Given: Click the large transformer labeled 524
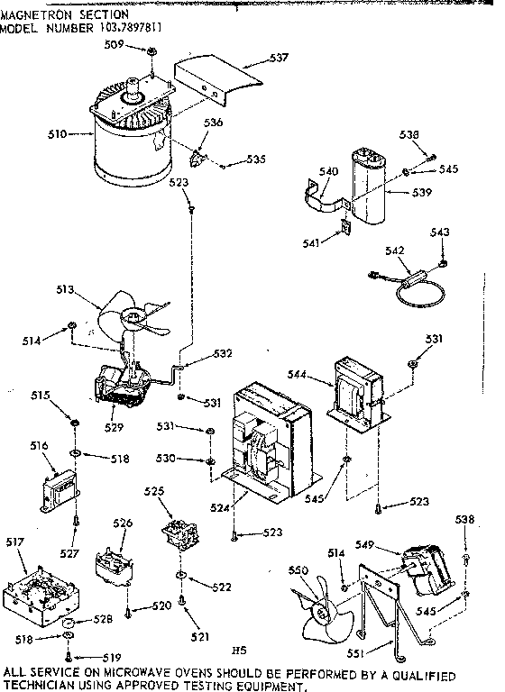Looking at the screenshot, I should tap(266, 437).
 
